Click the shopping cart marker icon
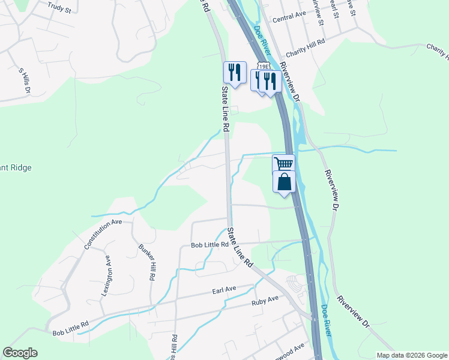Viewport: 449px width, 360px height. pos(283,163)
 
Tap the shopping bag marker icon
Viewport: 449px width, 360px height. pos(285,182)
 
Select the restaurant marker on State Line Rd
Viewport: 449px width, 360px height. pos(235,72)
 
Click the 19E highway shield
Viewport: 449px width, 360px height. pos(262,65)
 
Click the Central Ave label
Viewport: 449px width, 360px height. pos(289,19)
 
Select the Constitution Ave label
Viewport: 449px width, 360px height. pos(103,235)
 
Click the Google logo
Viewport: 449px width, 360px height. pos(20,353)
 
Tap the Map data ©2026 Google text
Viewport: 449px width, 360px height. pos(412,355)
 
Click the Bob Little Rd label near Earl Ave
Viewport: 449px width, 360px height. pos(209,245)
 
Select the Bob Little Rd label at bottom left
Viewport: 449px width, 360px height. pos(71,328)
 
